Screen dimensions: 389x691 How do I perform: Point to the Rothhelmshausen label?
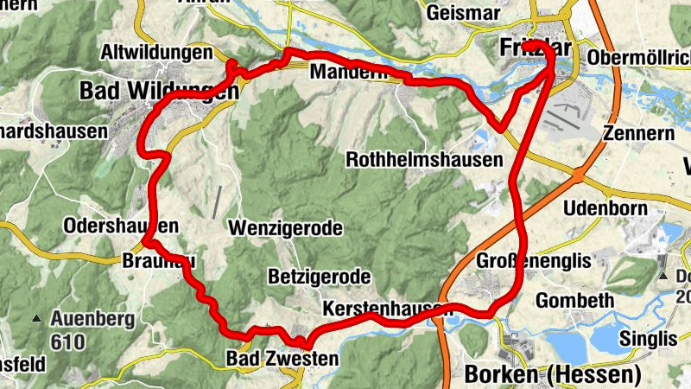click(x=424, y=160)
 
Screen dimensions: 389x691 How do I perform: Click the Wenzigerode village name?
click(x=285, y=228)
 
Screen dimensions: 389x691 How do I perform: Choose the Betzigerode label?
click(x=319, y=277)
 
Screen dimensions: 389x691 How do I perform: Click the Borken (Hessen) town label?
click(x=553, y=374)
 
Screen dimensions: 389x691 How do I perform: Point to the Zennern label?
click(x=638, y=134)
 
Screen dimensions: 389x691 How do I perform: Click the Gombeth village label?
click(x=574, y=300)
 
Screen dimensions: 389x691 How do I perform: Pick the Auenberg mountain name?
click(x=92, y=319)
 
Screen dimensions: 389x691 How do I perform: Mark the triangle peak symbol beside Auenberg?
click(x=36, y=319)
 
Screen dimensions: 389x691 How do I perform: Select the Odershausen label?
click(x=121, y=226)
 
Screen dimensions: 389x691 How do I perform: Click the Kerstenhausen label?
click(x=387, y=308)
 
